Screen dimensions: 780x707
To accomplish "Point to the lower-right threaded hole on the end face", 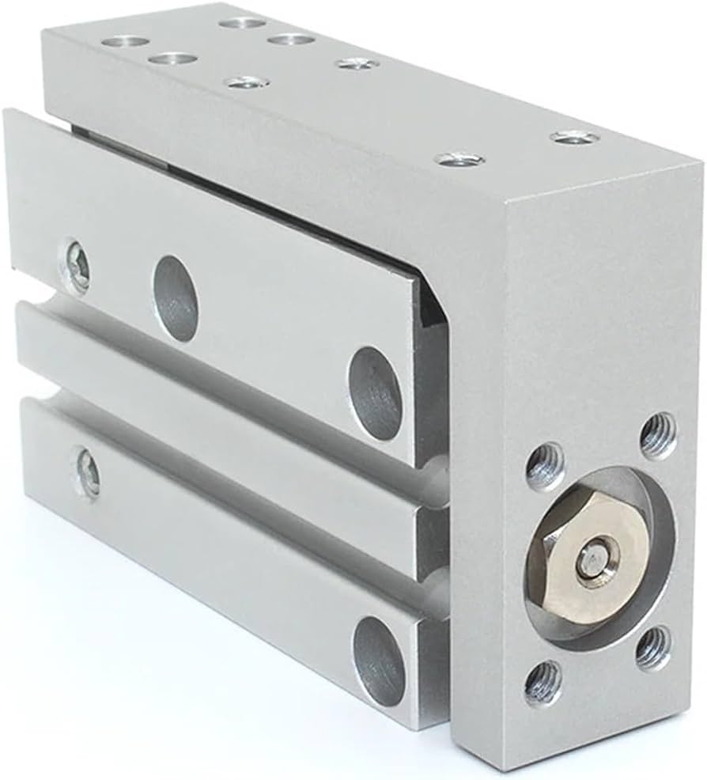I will click(655, 646).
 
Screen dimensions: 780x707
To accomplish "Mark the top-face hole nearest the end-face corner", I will click(574, 138).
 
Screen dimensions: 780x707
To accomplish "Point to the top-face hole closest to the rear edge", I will click(242, 21).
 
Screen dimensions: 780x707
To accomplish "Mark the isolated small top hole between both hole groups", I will click(357, 63).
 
